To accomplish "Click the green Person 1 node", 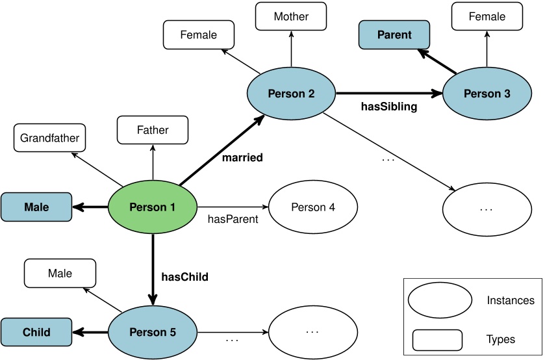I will coord(153,207).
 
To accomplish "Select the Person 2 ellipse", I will coord(291,94).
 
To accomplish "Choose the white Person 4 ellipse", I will coord(313,207).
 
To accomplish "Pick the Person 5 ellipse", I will coord(153,332).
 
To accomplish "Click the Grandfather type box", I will coord(50,138).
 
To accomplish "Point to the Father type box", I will coord(153,130).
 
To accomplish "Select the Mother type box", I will coord(291,16).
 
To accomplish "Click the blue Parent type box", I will coord(394,35).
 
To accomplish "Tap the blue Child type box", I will coord(36,332).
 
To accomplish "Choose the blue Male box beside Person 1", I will coord(36,207).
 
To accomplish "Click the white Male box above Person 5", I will coord(60,274).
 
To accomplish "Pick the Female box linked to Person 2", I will coord(198,35).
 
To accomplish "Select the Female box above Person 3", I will coord(487,16).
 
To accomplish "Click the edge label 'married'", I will coord(242,158).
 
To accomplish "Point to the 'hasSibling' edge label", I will coord(388,106).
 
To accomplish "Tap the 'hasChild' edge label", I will coord(184,277).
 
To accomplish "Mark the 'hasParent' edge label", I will coord(233,220).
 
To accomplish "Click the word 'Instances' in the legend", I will coord(510,300).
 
